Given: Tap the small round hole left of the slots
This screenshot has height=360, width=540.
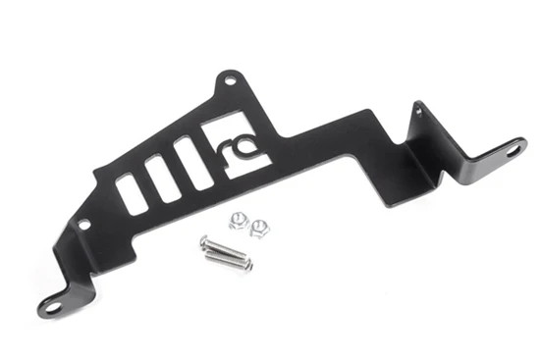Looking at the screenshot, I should (x=83, y=225).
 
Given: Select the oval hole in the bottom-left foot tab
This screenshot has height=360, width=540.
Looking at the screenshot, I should (x=53, y=307).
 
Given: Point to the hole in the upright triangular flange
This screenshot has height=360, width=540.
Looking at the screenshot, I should (x=420, y=111).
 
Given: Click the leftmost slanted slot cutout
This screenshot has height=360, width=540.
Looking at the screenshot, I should (x=131, y=194).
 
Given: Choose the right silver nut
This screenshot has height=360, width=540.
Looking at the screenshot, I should (x=260, y=229).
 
